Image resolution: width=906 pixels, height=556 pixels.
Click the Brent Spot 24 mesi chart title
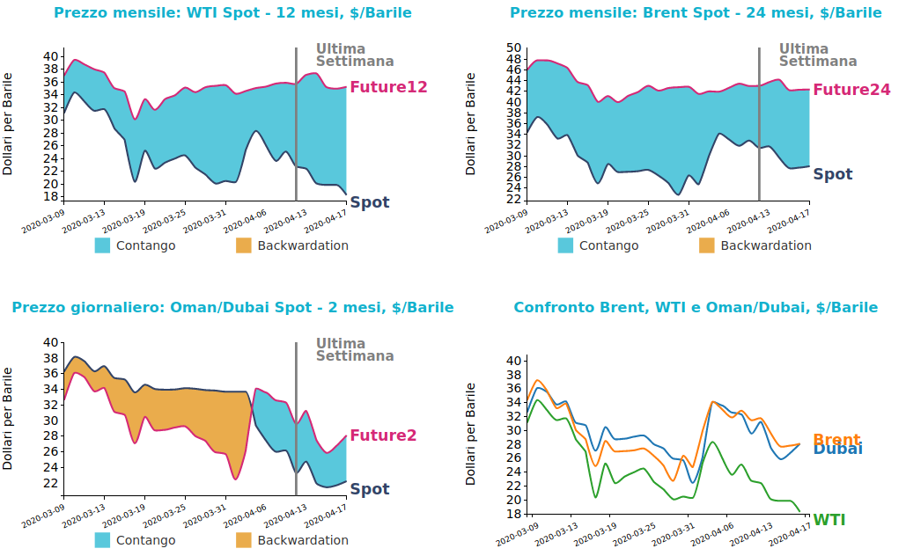pyautogui.click(x=696, y=13)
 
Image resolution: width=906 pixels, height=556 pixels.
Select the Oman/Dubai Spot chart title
pyautogui.click(x=232, y=308)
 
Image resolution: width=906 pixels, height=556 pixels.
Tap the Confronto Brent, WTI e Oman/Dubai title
pyautogui.click(x=696, y=308)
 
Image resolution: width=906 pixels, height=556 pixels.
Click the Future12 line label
pyautogui.click(x=388, y=87)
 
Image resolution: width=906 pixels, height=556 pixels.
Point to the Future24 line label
pyautogui.click(x=851, y=90)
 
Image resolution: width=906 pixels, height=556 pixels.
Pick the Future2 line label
pyautogui.click(x=383, y=435)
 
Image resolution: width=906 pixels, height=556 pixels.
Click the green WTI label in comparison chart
pyautogui.click(x=829, y=520)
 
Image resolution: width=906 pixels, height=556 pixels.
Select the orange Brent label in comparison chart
pyautogui.click(x=836, y=440)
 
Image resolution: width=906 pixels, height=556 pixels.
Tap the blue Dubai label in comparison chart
pyautogui.click(x=837, y=450)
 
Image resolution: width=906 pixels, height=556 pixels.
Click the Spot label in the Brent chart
pyautogui.click(x=833, y=174)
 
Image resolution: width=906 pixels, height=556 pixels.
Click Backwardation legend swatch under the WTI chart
pyautogui.click(x=244, y=245)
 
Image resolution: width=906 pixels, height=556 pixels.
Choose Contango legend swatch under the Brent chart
pyautogui.click(x=565, y=245)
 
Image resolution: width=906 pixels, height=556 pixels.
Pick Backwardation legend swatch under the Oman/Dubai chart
pyautogui.click(x=244, y=540)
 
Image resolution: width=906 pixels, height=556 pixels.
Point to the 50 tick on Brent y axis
pyautogui.click(x=513, y=48)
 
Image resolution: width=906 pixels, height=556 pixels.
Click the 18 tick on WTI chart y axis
pyautogui.click(x=50, y=196)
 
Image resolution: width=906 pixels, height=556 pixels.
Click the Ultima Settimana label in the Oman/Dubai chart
pyautogui.click(x=355, y=350)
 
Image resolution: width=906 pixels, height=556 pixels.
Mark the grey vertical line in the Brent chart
pyautogui.click(x=759, y=123)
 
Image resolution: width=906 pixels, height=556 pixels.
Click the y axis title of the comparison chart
pyautogui.click(x=471, y=434)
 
